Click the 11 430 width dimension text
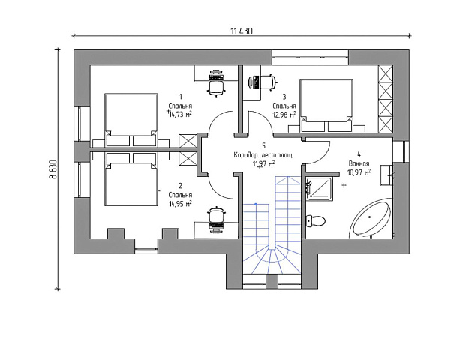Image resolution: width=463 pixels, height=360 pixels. pos(242,31)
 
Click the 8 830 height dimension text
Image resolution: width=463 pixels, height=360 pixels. pos(53,169)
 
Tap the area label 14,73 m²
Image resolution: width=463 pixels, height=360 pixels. pos(180,114)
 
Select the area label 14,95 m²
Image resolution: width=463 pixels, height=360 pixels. pos(180,203)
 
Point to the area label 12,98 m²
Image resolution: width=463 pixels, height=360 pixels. pos(284,114)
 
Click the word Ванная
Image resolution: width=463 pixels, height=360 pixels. pos(359,163)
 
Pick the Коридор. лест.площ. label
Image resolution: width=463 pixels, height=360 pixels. pos(263,155)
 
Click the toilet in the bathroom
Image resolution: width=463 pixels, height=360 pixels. pos(316,220)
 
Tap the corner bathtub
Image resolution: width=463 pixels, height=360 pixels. pos(372,218)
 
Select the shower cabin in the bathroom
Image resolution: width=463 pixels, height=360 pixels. pos(320,189)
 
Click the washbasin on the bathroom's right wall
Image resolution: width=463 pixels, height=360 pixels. pos(386,175)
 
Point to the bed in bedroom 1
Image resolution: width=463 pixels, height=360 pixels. pos(131,120)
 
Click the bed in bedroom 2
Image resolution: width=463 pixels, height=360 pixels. pos(131,179)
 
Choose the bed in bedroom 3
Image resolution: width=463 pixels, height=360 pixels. pos(326,105)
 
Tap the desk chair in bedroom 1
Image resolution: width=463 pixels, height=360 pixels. pos(216,87)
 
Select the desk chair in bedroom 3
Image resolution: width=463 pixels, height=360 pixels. pos(269,82)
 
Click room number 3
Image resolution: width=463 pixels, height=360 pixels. pos(284,97)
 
